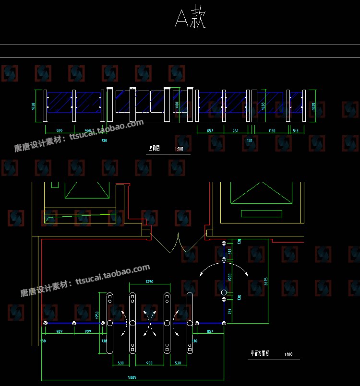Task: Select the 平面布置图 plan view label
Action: pyautogui.click(x=260, y=354)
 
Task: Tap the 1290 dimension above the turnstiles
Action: pyautogui.click(x=149, y=282)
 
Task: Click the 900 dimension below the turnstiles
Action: pyautogui.click(x=149, y=363)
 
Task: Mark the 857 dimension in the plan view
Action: pyautogui.click(x=210, y=332)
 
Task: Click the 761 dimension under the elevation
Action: pyautogui.click(x=236, y=131)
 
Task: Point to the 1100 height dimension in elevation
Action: pyautogui.click(x=177, y=105)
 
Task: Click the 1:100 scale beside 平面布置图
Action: pyautogui.click(x=288, y=354)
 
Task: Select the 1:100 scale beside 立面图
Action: pyautogui.click(x=179, y=149)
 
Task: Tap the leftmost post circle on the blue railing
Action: pyautogui.click(x=45, y=324)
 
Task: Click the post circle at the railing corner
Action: pyautogui.click(x=224, y=324)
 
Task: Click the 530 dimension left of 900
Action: pyautogui.click(x=120, y=363)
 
